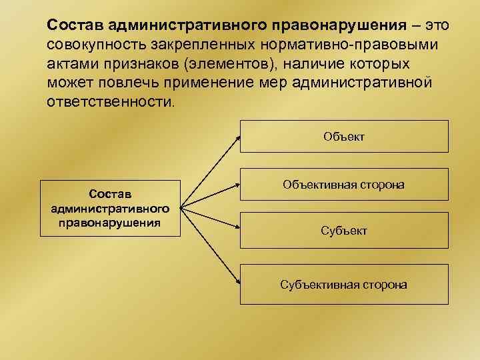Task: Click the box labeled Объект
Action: click(x=344, y=137)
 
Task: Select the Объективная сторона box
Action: click(x=344, y=183)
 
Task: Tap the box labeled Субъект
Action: click(x=344, y=231)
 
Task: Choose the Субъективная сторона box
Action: click(x=344, y=285)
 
